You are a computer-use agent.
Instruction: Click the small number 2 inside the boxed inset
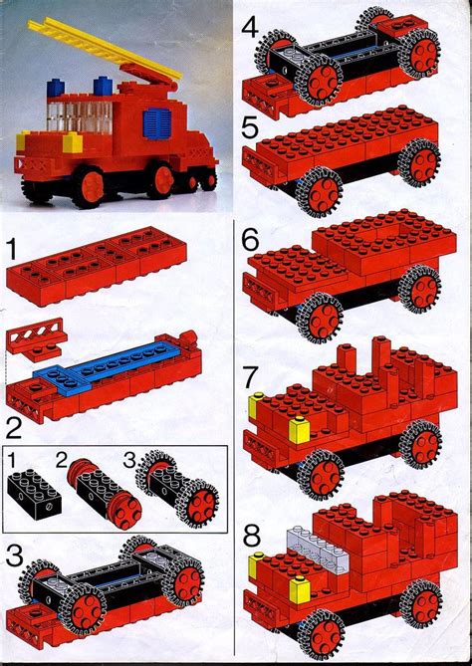tap(62, 461)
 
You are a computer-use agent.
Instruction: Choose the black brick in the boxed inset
tap(33, 495)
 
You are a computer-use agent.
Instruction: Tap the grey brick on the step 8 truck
tap(310, 544)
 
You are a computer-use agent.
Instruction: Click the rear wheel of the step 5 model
tap(419, 159)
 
